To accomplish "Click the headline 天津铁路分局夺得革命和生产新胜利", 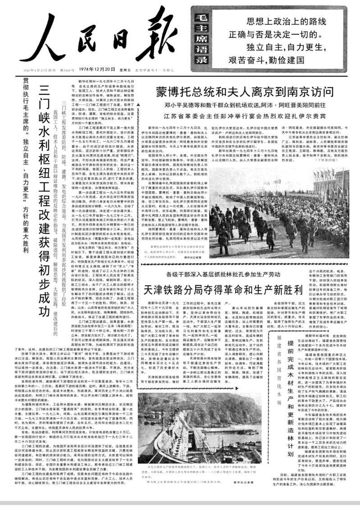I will point(225,289).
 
